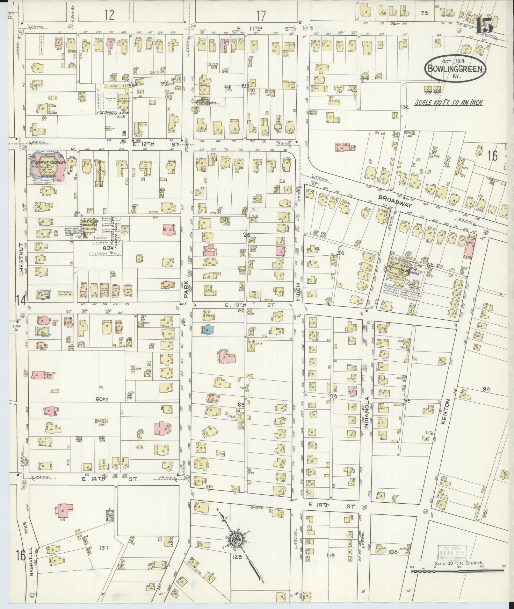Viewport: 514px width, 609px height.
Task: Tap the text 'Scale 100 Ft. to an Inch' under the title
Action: click(448, 103)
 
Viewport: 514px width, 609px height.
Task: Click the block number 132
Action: click(405, 107)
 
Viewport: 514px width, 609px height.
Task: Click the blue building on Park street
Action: click(209, 329)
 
